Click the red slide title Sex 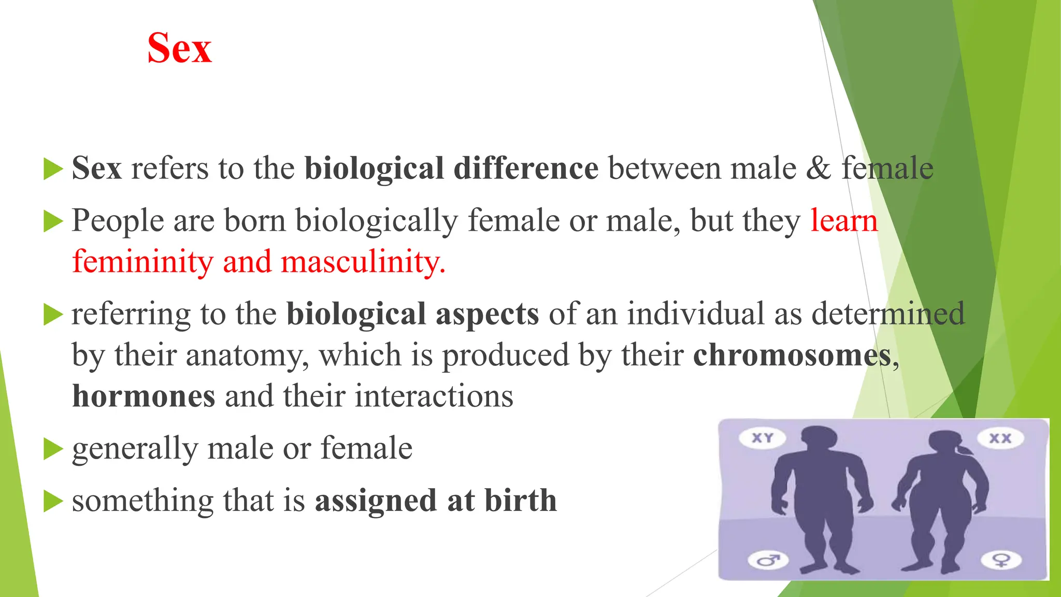click(x=179, y=48)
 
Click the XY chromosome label click(x=762, y=438)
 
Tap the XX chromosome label click(x=1000, y=438)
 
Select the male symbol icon click(x=768, y=560)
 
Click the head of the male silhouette click(x=817, y=439)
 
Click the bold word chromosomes click(x=792, y=356)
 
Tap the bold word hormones click(x=144, y=396)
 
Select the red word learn click(x=844, y=221)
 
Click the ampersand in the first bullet click(x=818, y=168)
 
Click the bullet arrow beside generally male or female click(x=53, y=449)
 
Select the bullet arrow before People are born click(x=53, y=221)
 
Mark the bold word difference click(x=526, y=168)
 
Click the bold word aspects click(x=487, y=314)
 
